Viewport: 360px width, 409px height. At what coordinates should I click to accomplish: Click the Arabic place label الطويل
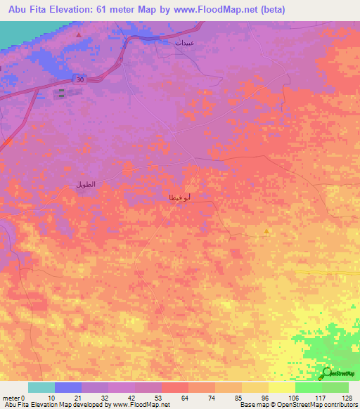84,185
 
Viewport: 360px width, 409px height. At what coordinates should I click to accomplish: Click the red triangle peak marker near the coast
79,34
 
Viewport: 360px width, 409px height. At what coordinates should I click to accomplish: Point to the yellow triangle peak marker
266,231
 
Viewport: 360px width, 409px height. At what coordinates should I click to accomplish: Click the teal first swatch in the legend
41,387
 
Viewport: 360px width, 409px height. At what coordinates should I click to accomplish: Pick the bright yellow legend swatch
281,387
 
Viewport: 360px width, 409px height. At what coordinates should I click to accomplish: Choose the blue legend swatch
68,387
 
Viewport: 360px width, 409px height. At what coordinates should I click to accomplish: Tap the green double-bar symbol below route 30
61,93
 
